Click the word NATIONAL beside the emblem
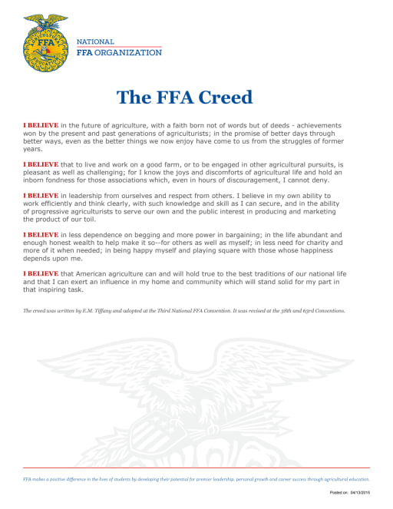point(96,41)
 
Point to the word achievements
point(312,124)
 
